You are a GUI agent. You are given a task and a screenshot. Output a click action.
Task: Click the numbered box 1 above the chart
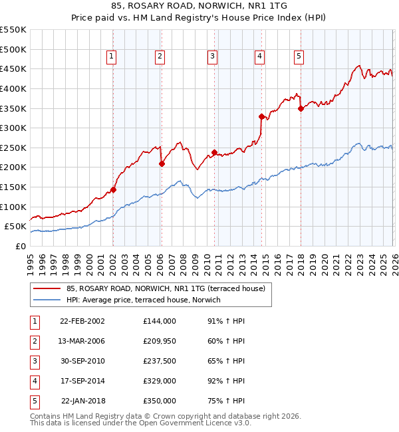[111, 57]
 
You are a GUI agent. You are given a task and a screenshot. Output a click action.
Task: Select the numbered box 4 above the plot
[259, 57]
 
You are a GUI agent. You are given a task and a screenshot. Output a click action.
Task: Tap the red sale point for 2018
[301, 109]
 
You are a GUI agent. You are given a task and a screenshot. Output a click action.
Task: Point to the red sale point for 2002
[113, 189]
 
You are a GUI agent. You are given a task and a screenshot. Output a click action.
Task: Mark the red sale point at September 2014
[261, 117]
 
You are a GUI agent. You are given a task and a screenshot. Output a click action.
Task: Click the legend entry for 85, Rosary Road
[166, 289]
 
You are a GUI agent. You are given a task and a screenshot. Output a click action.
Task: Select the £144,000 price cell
[160, 320]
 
